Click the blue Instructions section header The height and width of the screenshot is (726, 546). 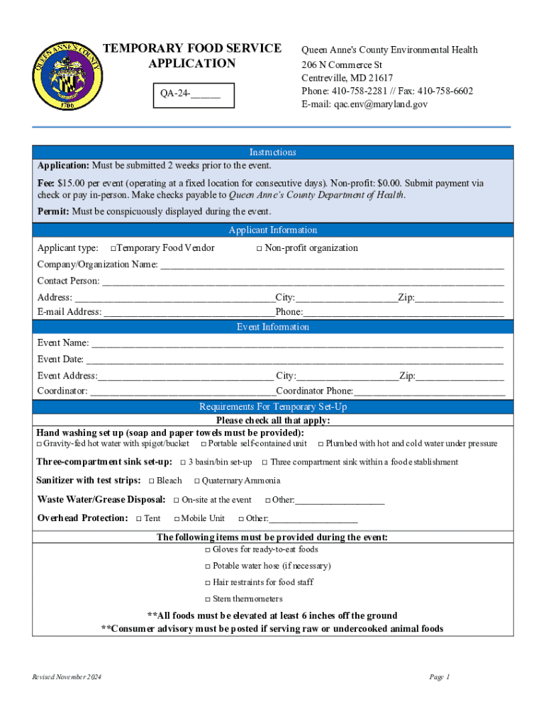tap(272, 152)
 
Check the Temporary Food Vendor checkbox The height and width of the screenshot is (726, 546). tap(113, 248)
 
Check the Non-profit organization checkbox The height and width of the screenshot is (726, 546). tap(260, 248)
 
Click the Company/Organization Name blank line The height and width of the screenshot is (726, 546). tap(332, 265)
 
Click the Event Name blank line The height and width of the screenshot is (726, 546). tap(298, 343)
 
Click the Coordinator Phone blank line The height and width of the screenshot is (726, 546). tap(429, 391)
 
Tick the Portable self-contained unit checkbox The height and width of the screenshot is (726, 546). tap(204, 444)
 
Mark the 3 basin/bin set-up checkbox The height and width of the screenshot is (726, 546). tap(183, 462)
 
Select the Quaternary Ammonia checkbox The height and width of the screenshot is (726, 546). tap(196, 481)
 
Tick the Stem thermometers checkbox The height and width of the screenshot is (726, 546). tap(208, 599)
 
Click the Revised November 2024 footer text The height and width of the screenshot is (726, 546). tap(67, 678)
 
